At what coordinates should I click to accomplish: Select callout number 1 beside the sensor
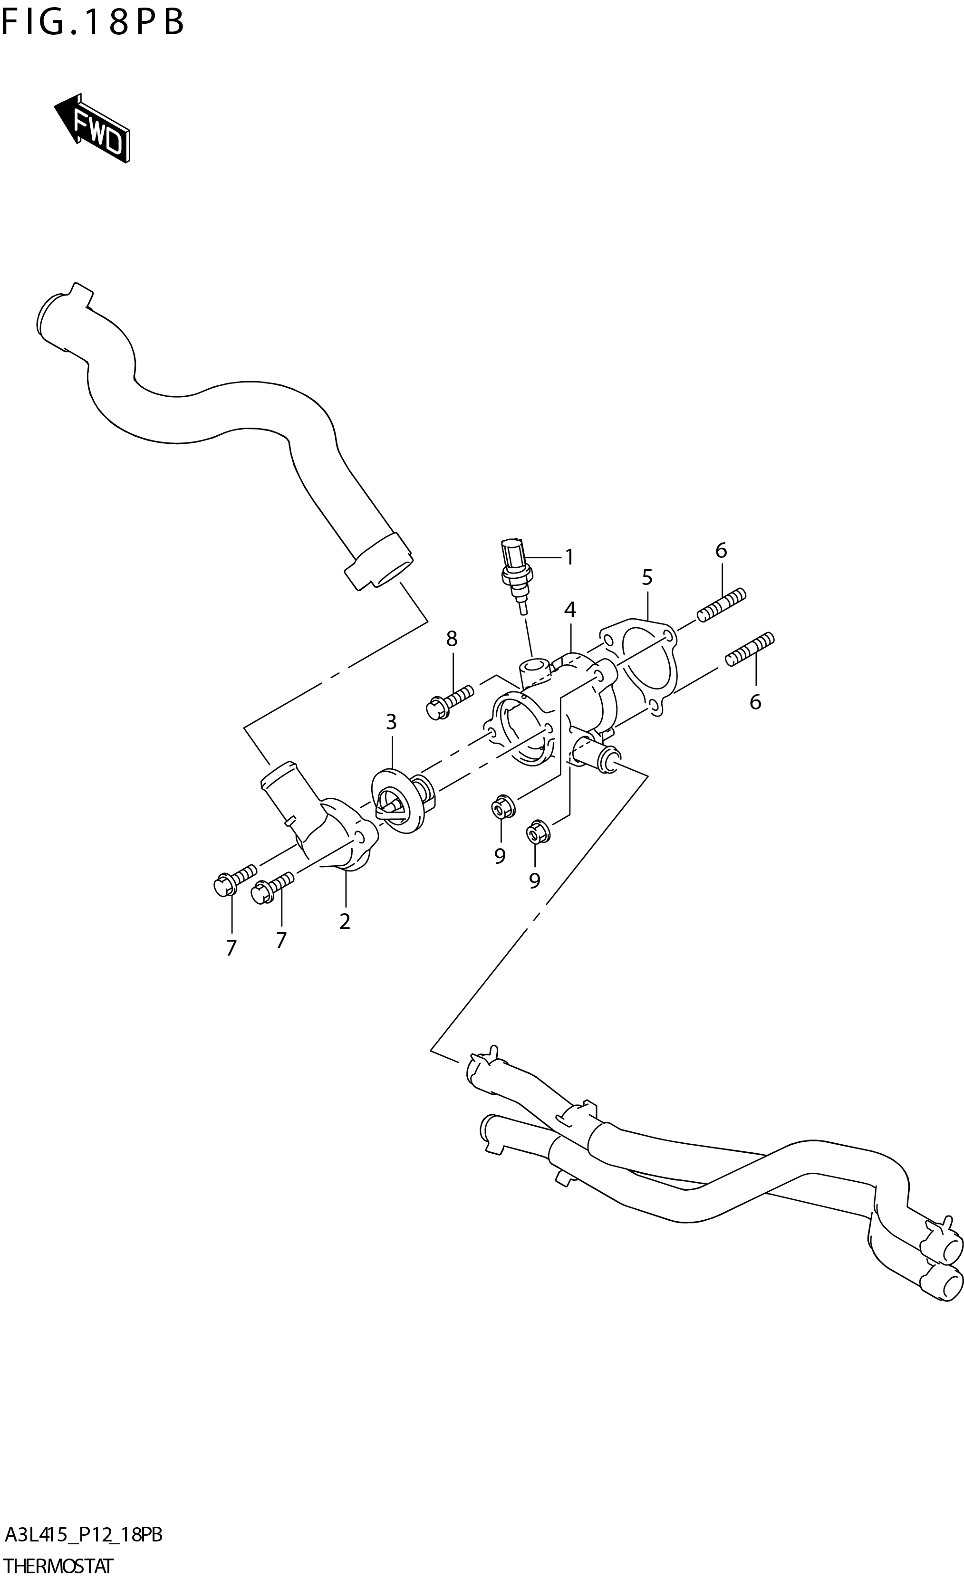pyautogui.click(x=569, y=557)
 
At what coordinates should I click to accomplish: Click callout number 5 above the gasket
pyautogui.click(x=647, y=577)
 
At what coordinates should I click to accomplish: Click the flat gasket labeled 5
pyautogui.click(x=641, y=667)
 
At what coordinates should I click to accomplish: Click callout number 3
pyautogui.click(x=391, y=722)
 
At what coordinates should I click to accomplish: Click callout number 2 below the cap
pyautogui.click(x=345, y=921)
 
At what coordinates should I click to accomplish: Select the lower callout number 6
pyautogui.click(x=755, y=702)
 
